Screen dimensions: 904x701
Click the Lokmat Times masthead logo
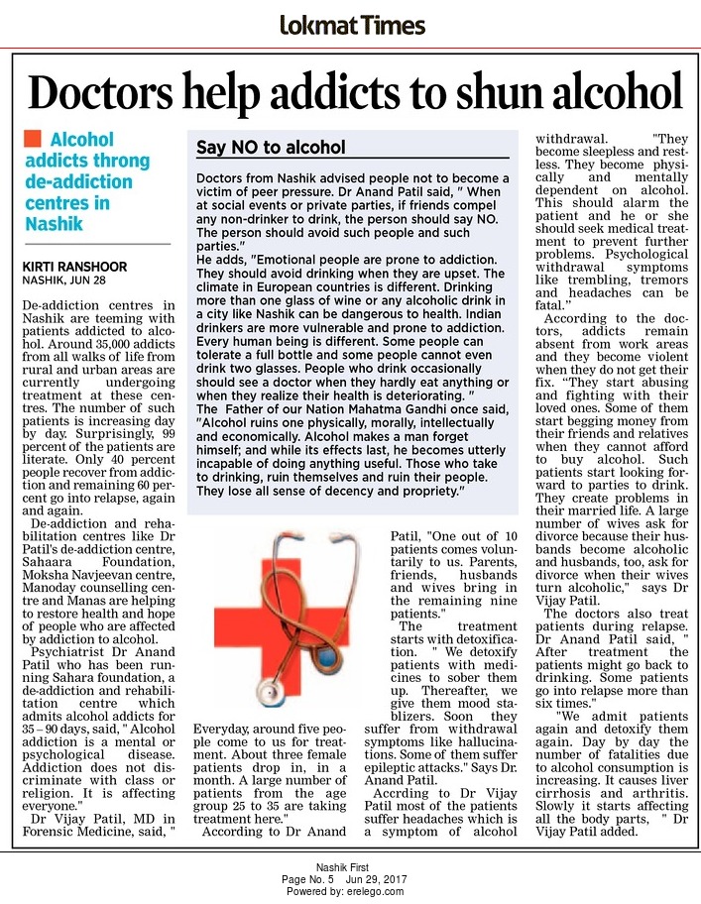(x=350, y=24)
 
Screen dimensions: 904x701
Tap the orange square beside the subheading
(x=33, y=140)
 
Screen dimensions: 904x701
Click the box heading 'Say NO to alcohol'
(x=271, y=148)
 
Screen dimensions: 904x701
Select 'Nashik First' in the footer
(x=350, y=867)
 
